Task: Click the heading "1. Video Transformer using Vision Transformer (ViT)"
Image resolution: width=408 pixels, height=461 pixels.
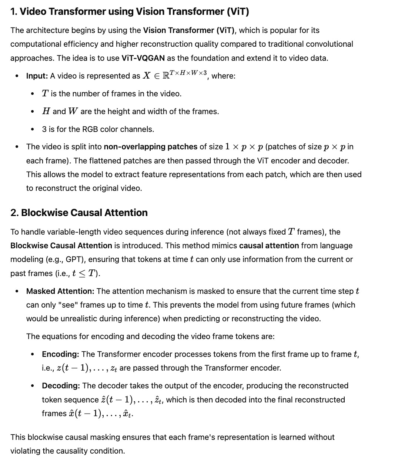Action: (x=130, y=11)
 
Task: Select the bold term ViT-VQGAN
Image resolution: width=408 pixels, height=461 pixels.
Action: (x=143, y=58)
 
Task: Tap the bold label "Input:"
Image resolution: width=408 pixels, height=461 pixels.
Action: (x=37, y=76)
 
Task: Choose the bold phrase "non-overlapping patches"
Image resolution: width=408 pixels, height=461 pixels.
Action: (x=150, y=147)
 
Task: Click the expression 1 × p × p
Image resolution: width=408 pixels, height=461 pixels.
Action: (x=244, y=147)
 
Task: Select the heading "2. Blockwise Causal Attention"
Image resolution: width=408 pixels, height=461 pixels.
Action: (x=79, y=213)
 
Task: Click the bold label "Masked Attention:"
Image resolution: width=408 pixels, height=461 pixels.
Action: (x=60, y=291)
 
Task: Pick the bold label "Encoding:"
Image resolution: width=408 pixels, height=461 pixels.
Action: (x=60, y=354)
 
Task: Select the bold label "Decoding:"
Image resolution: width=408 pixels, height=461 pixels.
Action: (x=61, y=386)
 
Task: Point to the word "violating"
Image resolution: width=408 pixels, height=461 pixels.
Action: (x=25, y=451)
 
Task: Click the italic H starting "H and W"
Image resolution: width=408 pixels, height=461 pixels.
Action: (x=46, y=112)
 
